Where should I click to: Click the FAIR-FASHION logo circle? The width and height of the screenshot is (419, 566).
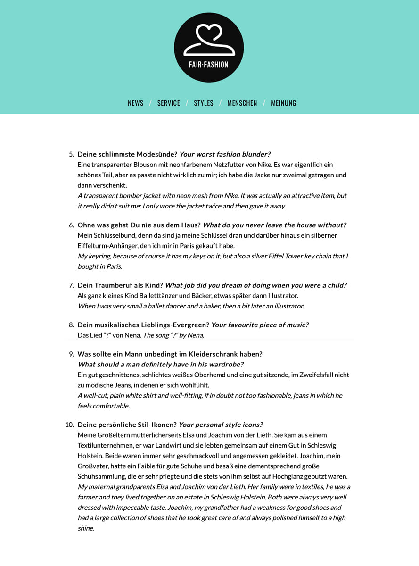(x=209, y=48)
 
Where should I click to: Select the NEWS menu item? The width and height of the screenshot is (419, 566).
(x=135, y=103)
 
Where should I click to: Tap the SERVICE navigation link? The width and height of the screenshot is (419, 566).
(x=169, y=103)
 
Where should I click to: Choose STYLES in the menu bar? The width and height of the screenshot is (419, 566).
(x=204, y=103)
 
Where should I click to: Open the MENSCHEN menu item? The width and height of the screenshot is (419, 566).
(x=242, y=103)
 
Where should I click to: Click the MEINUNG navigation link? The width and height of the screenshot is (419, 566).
(x=284, y=103)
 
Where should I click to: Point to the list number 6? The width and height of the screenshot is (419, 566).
(x=72, y=225)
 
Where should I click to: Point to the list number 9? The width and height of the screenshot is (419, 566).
(x=72, y=354)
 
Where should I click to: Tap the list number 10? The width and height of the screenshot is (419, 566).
(x=70, y=424)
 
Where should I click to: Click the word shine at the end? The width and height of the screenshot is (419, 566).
(x=86, y=528)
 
